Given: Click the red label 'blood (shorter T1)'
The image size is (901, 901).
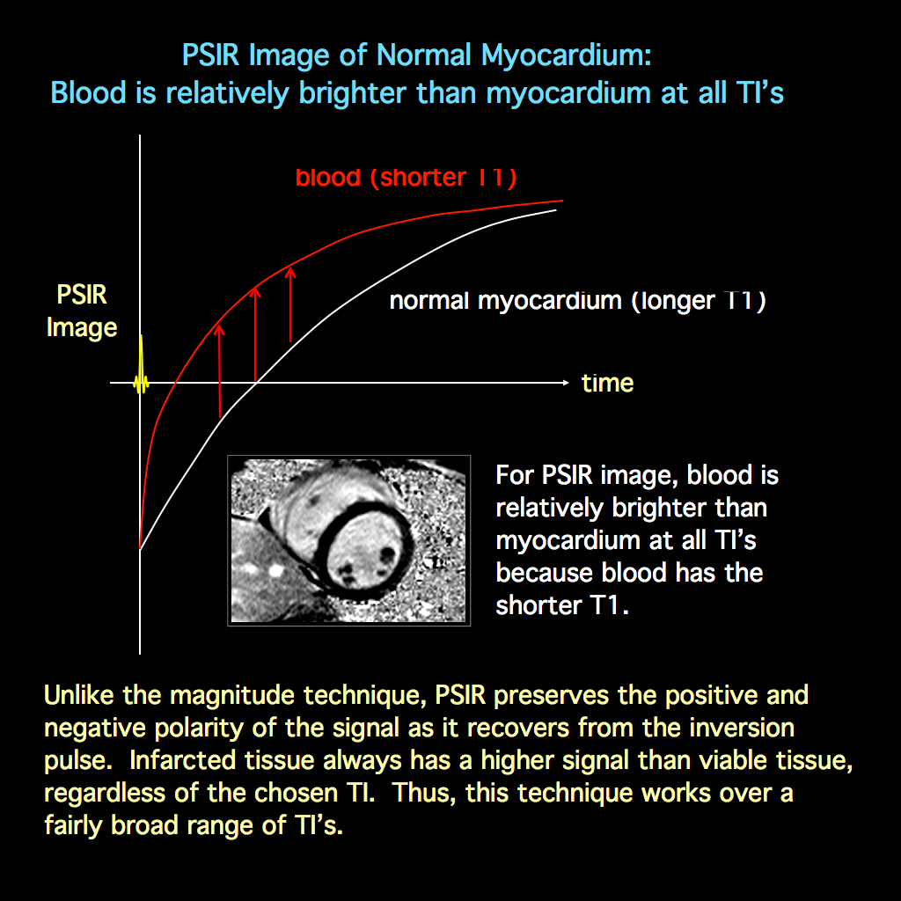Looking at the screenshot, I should coord(406,178).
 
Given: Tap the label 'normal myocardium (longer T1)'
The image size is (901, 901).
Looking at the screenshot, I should coord(577,301).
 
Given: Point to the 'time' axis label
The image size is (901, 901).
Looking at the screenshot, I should coord(607,384).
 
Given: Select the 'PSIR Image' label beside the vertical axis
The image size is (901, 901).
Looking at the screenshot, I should coord(82,311).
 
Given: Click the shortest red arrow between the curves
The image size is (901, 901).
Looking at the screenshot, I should coord(220,370).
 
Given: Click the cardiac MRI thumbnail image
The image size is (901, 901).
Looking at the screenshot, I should coord(348,540).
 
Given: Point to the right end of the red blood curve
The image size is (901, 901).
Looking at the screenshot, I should coord(560,201).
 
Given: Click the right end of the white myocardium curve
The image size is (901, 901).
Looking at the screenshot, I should coord(554,211).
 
